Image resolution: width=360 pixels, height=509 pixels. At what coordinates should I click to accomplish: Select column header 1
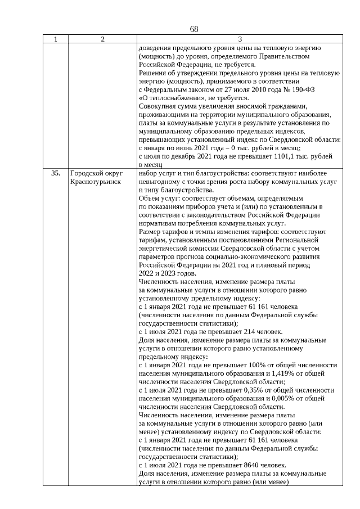pos(55,39)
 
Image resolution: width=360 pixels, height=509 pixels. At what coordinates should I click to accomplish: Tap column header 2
pos(102,39)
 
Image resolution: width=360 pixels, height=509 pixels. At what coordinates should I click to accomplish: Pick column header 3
pos(240,39)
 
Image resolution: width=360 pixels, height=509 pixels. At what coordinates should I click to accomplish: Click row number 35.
pos(55,174)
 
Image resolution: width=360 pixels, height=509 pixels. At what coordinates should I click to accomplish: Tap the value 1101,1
pos(285,156)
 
